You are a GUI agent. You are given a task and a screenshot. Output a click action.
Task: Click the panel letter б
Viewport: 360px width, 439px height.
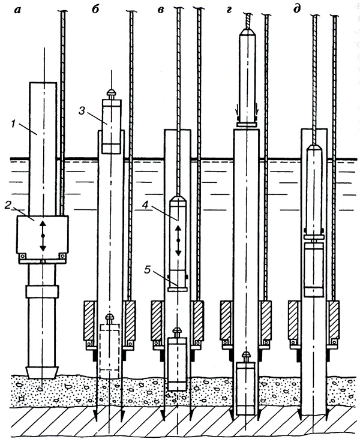pos(95,10)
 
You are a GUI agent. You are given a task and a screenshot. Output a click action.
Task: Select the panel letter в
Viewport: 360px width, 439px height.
pos(161,10)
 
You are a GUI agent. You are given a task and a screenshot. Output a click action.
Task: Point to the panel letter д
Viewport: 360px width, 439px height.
pos(296,9)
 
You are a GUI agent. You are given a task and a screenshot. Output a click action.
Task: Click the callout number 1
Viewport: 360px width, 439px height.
pos(13,124)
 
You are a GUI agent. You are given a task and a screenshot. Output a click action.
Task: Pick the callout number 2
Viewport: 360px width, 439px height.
pos(8,206)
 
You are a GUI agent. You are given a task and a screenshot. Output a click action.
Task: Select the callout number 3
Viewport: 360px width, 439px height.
pos(82,111)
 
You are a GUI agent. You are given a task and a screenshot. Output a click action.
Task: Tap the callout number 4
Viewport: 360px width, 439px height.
pos(145,205)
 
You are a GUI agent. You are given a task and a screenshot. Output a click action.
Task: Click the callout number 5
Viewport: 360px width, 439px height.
pos(148,270)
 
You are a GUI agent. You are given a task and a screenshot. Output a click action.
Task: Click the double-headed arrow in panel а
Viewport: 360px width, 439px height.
pos(43,236)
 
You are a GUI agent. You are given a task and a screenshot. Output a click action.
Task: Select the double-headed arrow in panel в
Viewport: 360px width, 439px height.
pos(178,240)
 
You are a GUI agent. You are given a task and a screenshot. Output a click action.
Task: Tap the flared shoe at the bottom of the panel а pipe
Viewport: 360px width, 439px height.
pos(42,372)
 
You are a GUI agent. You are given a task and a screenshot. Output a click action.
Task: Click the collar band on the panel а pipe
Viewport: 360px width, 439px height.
pos(42,291)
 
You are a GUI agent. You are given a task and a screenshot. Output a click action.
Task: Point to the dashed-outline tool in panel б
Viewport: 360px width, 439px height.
pos(110,346)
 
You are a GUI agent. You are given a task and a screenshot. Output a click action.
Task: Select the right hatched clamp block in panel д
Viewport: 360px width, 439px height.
pos(334,320)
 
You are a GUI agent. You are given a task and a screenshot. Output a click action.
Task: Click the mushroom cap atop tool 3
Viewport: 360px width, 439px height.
pos(112,92)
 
